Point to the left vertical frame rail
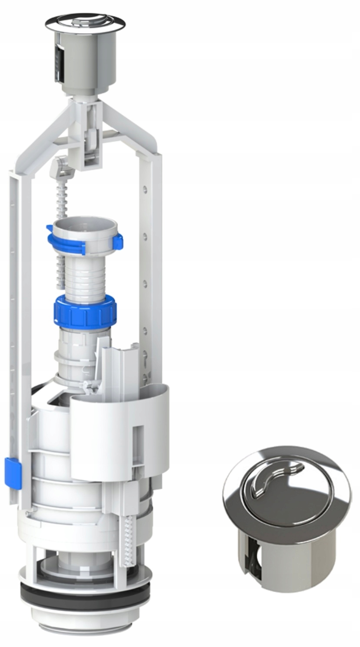coord(15,305)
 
